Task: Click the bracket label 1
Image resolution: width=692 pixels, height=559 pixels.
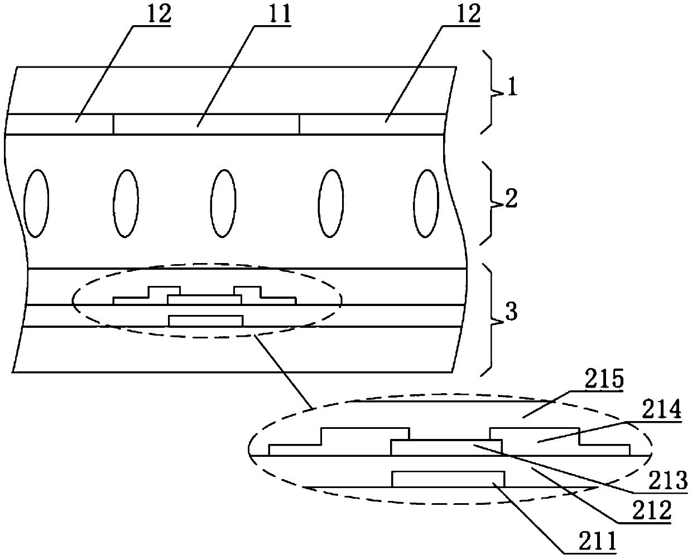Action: point(511,88)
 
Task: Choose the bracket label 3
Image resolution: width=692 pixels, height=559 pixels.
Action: point(511,313)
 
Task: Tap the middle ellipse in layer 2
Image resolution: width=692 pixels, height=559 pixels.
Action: point(223,203)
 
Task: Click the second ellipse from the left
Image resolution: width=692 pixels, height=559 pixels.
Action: point(126,203)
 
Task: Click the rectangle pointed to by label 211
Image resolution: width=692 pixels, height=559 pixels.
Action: point(448,479)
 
